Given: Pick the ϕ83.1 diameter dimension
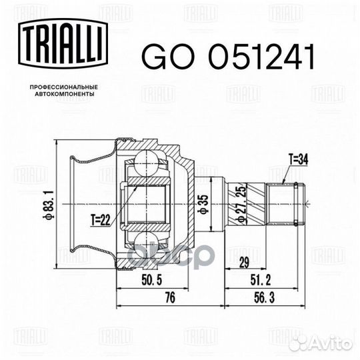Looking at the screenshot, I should click(47, 204).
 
